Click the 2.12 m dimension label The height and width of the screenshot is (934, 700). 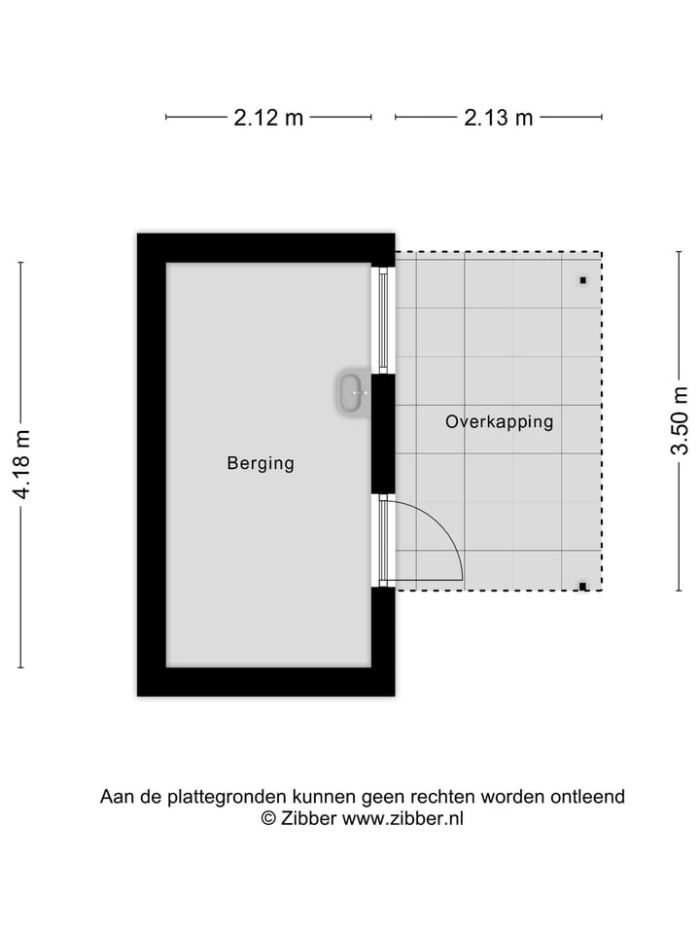[268, 118]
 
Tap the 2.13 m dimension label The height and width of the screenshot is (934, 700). [499, 118]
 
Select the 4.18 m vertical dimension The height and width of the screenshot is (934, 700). [20, 465]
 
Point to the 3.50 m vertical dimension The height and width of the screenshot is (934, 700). [680, 420]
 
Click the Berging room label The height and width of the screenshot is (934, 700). [261, 464]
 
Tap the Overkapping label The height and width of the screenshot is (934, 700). [499, 422]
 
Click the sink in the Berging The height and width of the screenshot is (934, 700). [352, 393]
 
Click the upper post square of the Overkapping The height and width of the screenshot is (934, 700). [583, 280]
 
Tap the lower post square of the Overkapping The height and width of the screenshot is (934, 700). [582, 586]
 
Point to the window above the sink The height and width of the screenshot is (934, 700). [383, 319]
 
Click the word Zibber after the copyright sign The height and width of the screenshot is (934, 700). [308, 819]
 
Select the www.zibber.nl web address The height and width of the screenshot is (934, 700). [402, 819]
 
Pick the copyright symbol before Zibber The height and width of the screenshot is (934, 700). [269, 819]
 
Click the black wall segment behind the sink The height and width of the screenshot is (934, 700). [383, 433]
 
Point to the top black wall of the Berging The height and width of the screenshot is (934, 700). [265, 248]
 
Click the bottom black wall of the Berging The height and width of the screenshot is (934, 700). [265, 681]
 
